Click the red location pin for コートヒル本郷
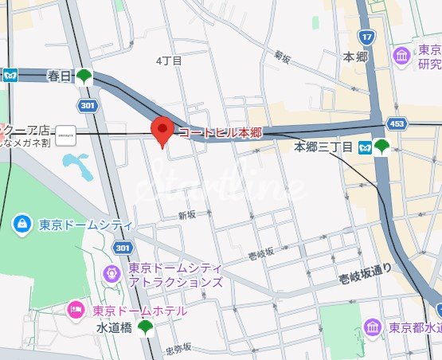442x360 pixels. [x=163, y=130]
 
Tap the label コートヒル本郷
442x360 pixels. [x=220, y=132]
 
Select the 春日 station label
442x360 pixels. [x=59, y=76]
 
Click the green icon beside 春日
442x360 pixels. [x=84, y=77]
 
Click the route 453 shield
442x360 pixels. [x=397, y=123]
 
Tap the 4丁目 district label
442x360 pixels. [x=169, y=61]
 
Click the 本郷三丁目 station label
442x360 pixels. [x=323, y=147]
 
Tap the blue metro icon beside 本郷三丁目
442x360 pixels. [x=364, y=147]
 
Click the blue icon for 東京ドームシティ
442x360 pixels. [x=22, y=225]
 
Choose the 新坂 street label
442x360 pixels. [x=186, y=215]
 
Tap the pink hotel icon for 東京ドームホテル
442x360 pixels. [x=76, y=309]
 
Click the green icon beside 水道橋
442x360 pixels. [x=146, y=327]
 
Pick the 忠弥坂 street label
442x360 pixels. [x=178, y=348]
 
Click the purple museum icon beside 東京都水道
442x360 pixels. [x=372, y=327]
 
